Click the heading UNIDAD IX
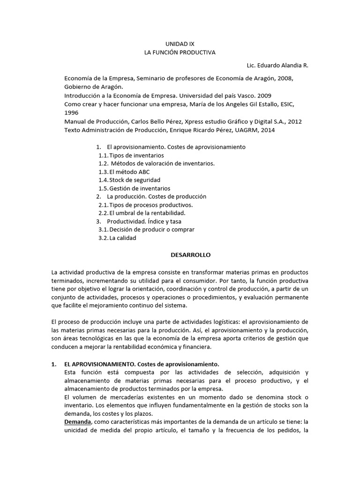tap(180, 43)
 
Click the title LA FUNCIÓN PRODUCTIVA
tap(180, 52)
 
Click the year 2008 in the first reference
tap(287, 78)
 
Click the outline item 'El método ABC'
tap(129, 172)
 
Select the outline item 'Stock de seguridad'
tap(135, 180)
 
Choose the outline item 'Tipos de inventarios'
tap(136, 155)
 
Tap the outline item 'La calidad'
tap(123, 238)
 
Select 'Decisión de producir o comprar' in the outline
tap(151, 229)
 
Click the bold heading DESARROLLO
tap(190, 255)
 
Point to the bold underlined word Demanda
tap(77, 421)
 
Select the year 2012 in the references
tap(294, 121)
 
